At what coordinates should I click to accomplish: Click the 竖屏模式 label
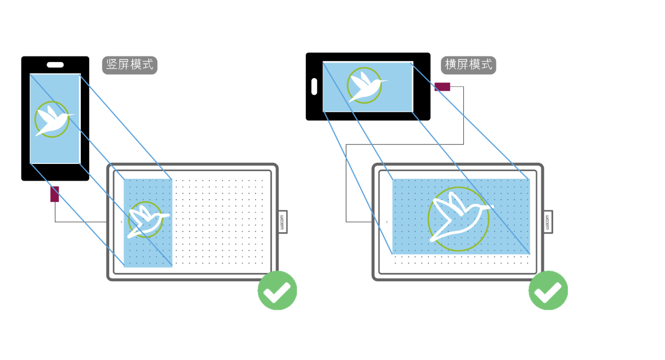click(x=130, y=65)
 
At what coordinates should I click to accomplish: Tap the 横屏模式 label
click(x=468, y=65)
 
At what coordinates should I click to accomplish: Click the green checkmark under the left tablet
click(x=277, y=290)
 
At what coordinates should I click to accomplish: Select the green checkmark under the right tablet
click(x=548, y=290)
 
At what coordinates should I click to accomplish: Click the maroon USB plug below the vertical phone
click(x=55, y=194)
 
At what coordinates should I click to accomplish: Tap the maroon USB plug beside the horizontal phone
click(x=442, y=86)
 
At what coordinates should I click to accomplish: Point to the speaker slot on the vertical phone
click(x=55, y=65)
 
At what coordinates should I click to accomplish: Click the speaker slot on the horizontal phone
click(x=314, y=86)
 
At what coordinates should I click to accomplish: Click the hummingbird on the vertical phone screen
click(x=51, y=119)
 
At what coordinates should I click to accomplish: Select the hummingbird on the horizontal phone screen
click(x=364, y=86)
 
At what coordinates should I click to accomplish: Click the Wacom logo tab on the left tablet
click(x=282, y=222)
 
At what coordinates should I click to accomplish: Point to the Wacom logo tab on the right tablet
click(x=548, y=222)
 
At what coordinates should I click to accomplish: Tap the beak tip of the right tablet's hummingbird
click(x=493, y=207)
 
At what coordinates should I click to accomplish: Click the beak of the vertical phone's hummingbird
click(x=72, y=115)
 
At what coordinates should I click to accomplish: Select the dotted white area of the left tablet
click(x=222, y=222)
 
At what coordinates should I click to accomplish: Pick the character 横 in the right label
click(x=451, y=65)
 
